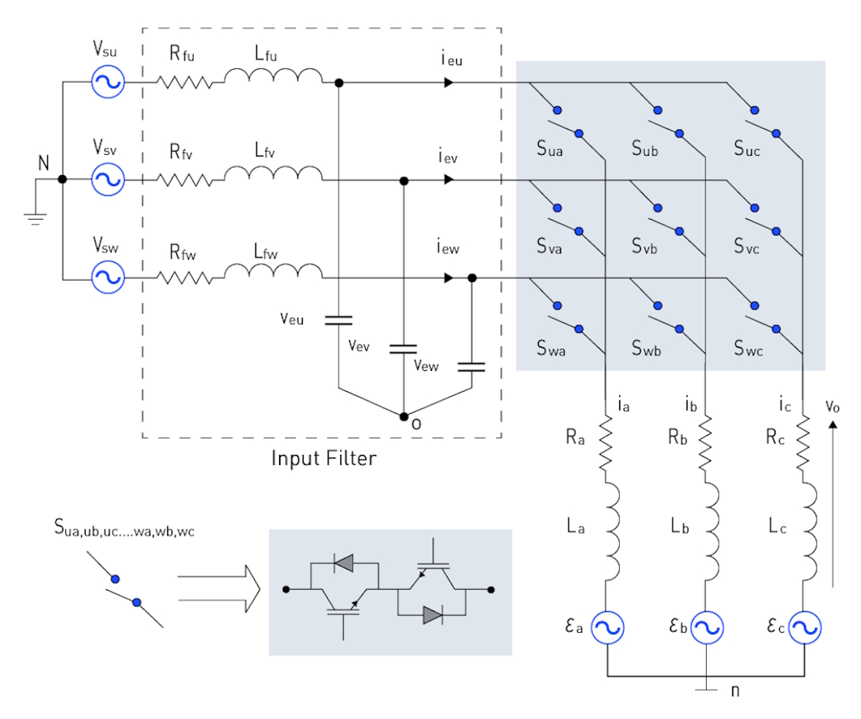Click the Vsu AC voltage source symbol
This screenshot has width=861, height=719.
(108, 83)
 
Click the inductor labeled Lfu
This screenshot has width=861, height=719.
(273, 77)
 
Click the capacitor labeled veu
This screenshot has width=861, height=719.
(338, 320)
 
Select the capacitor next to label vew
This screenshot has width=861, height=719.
(471, 367)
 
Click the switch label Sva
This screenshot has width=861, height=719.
(549, 248)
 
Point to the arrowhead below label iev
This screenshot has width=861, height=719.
(448, 181)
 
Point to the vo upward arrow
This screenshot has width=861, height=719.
(833, 502)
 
